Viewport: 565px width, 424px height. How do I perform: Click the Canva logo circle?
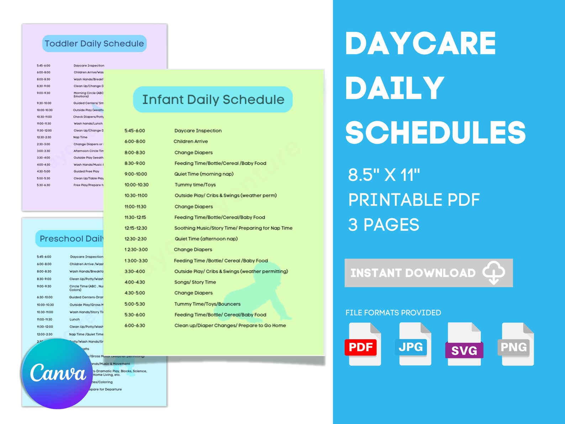click(57, 373)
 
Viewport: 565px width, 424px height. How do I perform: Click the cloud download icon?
click(494, 273)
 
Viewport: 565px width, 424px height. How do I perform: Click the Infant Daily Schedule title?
click(213, 100)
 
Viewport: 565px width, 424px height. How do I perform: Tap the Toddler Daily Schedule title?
click(94, 44)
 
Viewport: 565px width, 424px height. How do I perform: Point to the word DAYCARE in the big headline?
click(420, 43)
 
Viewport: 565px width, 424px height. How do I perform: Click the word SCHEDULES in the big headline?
click(435, 132)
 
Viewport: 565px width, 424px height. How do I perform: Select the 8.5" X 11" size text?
click(384, 175)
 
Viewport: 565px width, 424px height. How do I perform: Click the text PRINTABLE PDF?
click(414, 200)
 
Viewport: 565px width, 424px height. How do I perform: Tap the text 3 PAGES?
click(384, 225)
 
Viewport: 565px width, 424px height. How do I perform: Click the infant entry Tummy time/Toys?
click(195, 185)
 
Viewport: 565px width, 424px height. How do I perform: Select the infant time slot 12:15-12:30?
click(136, 228)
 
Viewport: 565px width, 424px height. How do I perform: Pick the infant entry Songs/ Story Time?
click(195, 282)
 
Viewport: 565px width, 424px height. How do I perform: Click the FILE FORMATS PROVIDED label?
click(393, 313)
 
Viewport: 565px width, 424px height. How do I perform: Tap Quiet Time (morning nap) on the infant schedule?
click(204, 174)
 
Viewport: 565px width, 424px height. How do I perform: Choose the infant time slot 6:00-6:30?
click(135, 325)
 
